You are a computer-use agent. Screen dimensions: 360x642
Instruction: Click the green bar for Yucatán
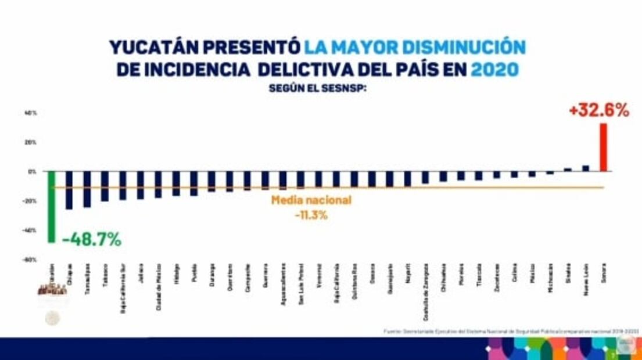(x=51, y=206)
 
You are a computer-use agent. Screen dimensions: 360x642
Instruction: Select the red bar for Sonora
(x=603, y=147)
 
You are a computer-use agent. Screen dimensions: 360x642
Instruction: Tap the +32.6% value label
(x=598, y=110)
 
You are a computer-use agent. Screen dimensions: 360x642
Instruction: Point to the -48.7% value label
(x=92, y=239)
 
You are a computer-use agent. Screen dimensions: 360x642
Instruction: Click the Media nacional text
(x=311, y=200)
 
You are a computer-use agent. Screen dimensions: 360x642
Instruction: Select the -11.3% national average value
(x=310, y=215)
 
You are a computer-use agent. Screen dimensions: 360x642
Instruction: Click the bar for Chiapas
(x=69, y=190)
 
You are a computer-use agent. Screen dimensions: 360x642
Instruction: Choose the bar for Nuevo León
(x=586, y=168)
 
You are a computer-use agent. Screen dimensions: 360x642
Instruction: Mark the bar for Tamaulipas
(x=87, y=189)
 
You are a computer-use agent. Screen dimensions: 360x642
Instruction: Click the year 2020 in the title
(x=494, y=70)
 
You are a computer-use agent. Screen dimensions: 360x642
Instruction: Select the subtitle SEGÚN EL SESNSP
(x=317, y=89)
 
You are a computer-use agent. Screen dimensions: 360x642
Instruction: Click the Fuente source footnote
(x=511, y=331)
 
